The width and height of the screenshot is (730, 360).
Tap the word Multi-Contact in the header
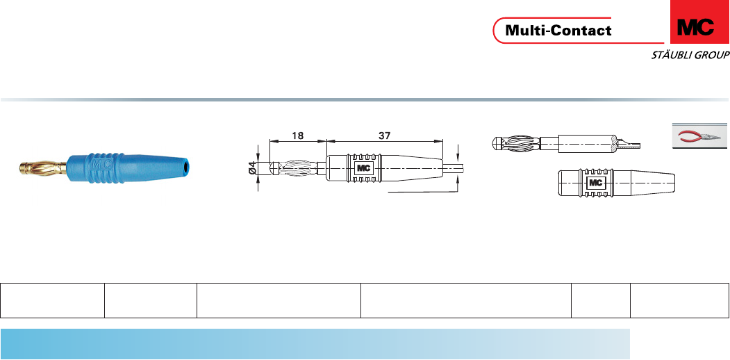(x=558, y=31)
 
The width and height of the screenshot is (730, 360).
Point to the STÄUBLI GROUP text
(x=690, y=56)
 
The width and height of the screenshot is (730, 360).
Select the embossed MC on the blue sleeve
(x=101, y=165)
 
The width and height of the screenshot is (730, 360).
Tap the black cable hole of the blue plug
(x=186, y=165)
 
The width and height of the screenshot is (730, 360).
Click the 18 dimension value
(x=297, y=136)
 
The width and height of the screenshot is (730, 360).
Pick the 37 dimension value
(x=384, y=136)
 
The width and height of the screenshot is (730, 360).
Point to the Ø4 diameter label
(x=252, y=167)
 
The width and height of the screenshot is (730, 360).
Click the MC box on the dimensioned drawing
(x=364, y=168)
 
